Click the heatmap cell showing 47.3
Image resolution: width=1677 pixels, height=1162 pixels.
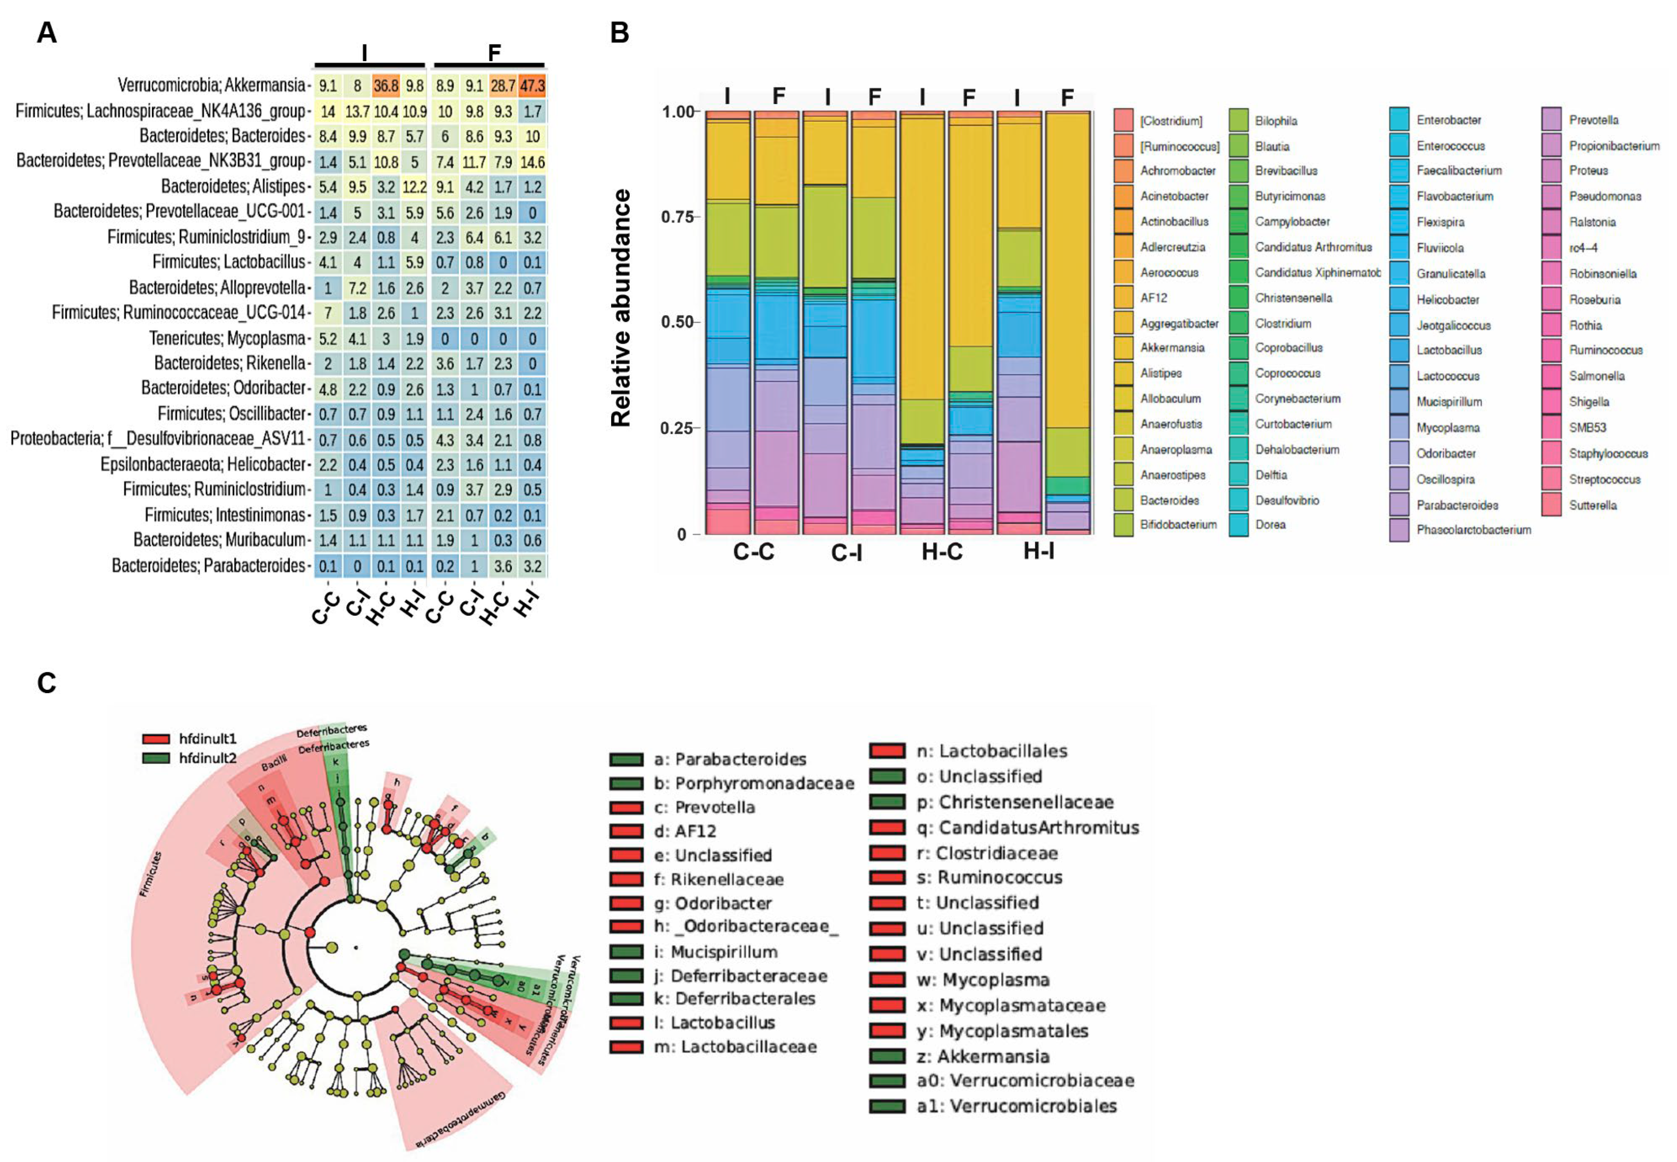[x=532, y=86]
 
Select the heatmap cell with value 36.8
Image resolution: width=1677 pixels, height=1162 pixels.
[x=386, y=86]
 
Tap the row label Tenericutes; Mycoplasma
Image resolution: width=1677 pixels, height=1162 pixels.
[x=227, y=339]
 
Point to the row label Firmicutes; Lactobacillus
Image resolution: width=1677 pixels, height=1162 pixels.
[x=228, y=262]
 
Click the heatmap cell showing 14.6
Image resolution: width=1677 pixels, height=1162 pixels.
[x=532, y=162]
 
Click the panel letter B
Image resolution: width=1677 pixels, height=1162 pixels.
[x=619, y=33]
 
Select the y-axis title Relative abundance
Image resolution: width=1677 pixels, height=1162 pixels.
[x=621, y=307]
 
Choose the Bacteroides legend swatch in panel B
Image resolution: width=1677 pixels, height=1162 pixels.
[x=1123, y=500]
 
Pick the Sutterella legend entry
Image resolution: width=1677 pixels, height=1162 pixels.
[x=1592, y=505]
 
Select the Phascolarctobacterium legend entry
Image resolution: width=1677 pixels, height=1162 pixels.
[x=1473, y=530]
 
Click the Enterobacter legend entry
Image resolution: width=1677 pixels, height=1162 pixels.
[x=1449, y=120]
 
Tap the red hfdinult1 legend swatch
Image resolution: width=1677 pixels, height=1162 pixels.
[x=156, y=739]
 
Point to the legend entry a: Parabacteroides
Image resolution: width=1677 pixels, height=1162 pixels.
[x=729, y=759]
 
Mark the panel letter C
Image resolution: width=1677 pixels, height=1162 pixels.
[x=47, y=683]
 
